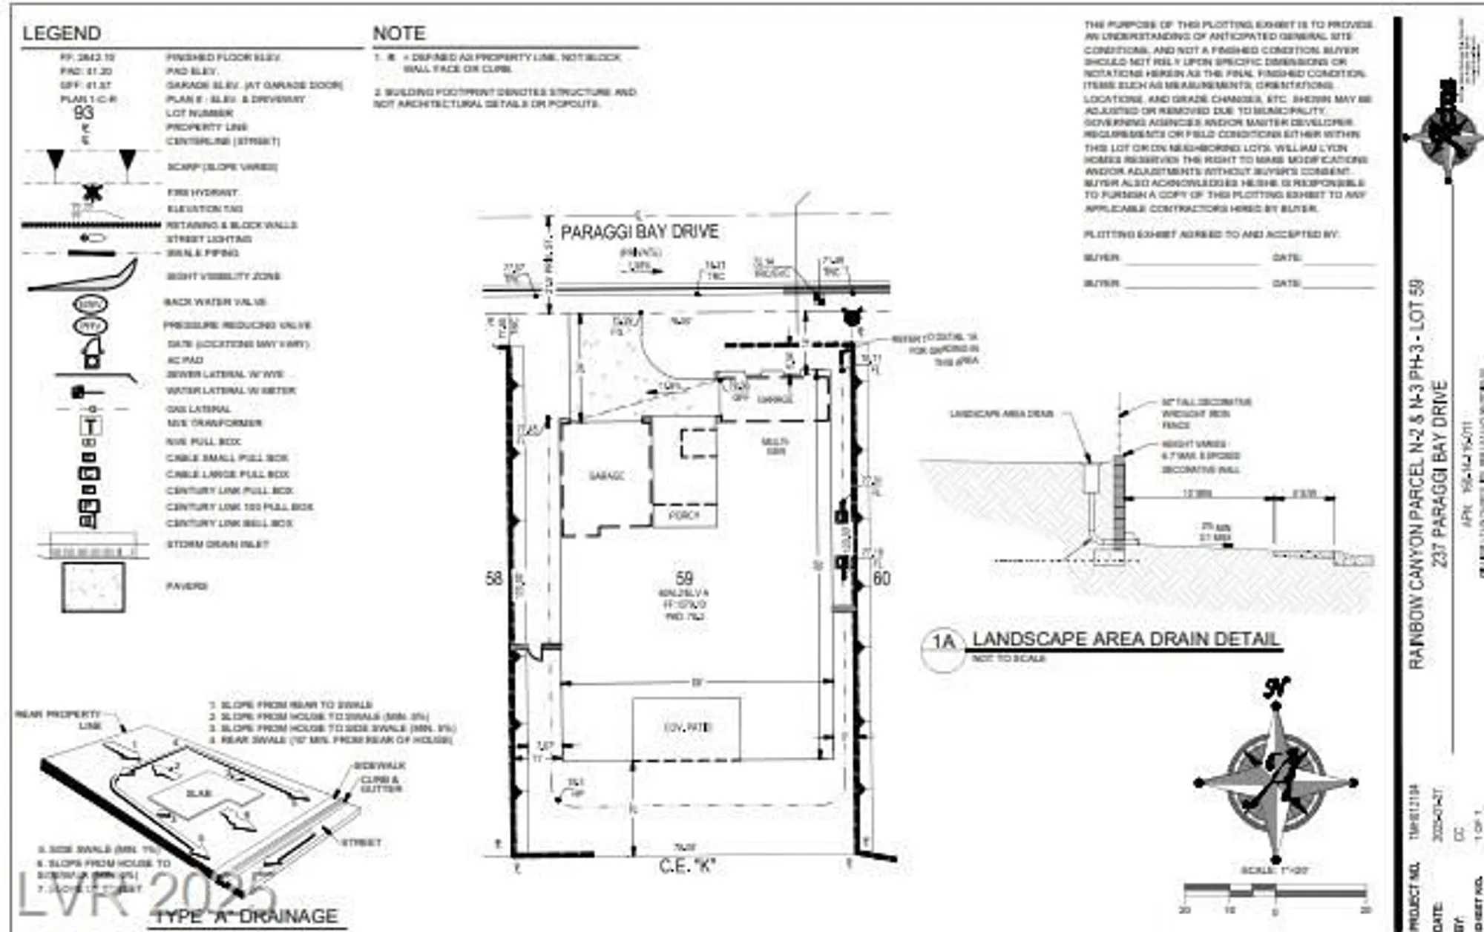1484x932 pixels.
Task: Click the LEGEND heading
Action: [x=61, y=33]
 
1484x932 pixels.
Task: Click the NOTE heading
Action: [x=398, y=33]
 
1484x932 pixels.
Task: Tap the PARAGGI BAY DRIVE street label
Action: [x=639, y=232]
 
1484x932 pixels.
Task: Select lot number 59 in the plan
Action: [x=683, y=578]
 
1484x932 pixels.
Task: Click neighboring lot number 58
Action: [x=493, y=578]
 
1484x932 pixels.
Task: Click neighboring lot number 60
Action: [x=881, y=578]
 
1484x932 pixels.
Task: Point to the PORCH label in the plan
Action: [x=683, y=515]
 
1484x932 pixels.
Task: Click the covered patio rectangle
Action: [x=686, y=728]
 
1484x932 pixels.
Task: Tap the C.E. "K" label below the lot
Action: [x=687, y=865]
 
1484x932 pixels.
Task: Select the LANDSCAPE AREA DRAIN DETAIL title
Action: [x=1126, y=640]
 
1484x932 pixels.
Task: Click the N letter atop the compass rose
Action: [x=1275, y=688]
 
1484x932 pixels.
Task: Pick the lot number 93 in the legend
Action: [x=84, y=113]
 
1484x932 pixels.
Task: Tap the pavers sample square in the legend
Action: [x=93, y=587]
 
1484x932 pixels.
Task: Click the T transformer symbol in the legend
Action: [x=91, y=426]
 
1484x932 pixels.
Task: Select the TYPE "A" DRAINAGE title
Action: [x=246, y=916]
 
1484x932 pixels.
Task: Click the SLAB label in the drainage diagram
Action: [x=199, y=793]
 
